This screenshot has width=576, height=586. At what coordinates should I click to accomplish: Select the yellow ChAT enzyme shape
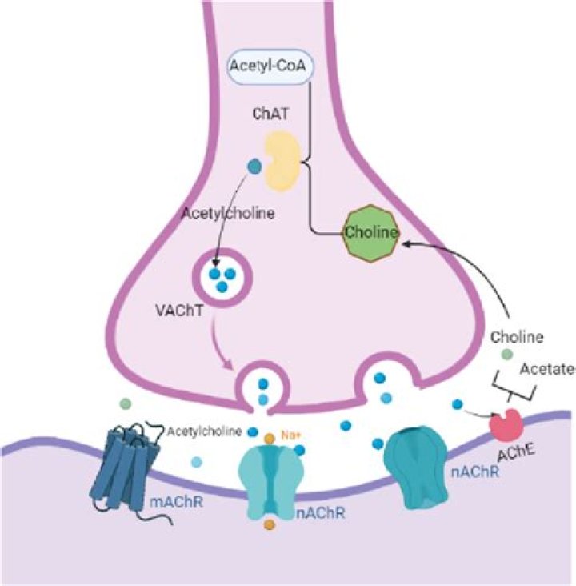point(284,162)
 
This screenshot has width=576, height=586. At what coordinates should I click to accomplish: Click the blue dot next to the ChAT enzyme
point(254,167)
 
